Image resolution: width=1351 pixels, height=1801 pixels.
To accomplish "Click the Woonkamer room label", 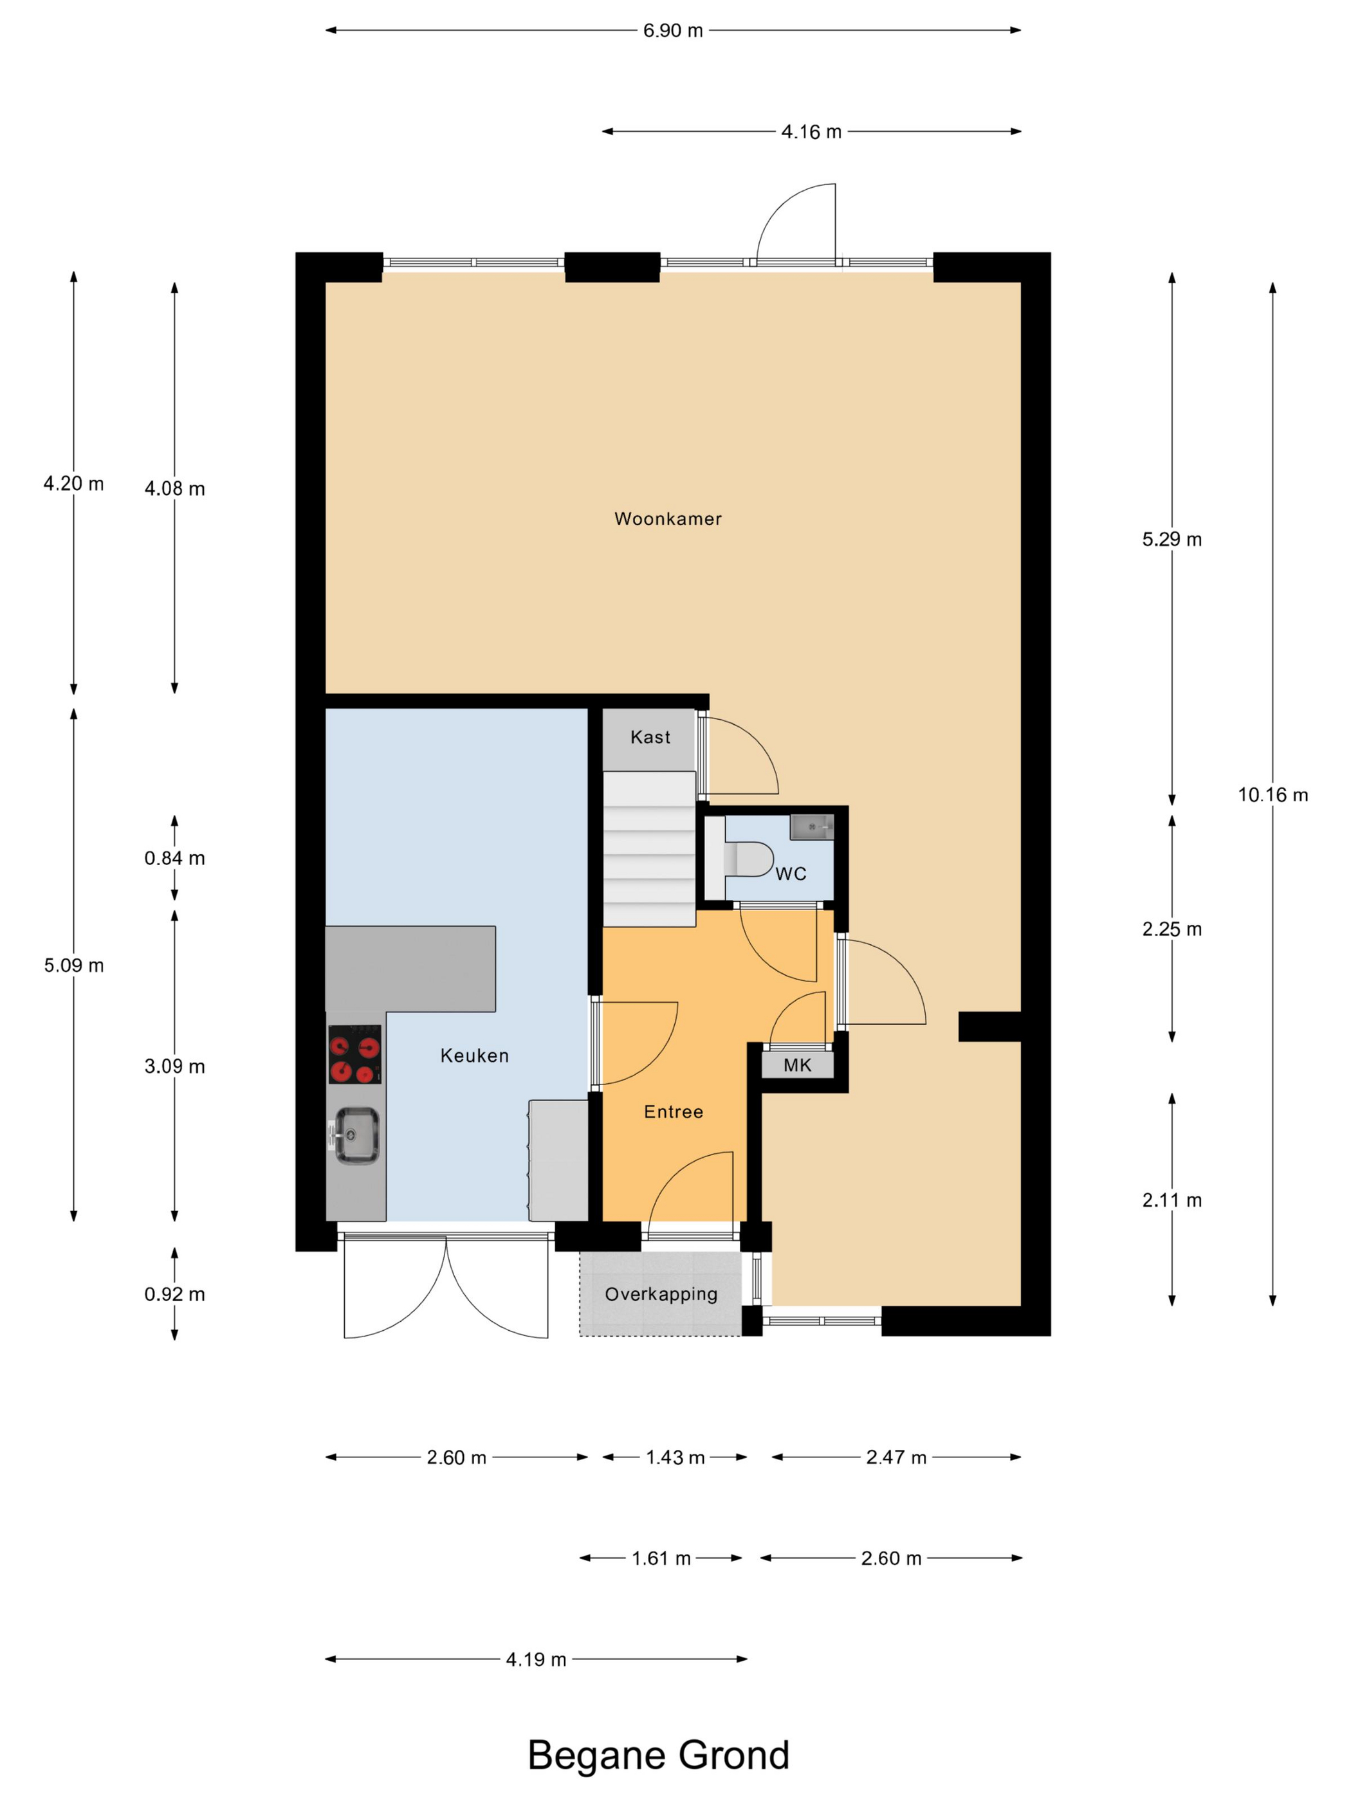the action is [668, 518].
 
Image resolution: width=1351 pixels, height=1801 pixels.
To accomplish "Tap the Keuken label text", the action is [474, 1056].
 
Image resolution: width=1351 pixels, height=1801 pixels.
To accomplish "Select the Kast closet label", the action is [650, 737].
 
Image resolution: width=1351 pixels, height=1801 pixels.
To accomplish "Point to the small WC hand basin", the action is [811, 827].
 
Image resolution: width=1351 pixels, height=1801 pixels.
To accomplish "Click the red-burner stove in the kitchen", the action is [354, 1054].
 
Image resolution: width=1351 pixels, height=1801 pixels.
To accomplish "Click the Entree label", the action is [673, 1111].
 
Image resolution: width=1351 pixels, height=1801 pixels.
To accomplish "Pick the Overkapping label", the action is [661, 1294].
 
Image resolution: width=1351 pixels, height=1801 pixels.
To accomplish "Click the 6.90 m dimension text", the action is [673, 31].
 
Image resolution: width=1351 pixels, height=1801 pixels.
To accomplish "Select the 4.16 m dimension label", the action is [811, 132].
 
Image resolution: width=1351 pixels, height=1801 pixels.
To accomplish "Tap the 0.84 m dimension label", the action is [174, 858].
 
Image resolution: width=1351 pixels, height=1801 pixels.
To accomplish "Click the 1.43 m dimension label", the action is [675, 1458].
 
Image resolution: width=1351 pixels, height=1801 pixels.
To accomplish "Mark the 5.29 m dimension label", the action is [1172, 539].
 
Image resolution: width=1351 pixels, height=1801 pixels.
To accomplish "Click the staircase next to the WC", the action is [649, 848].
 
